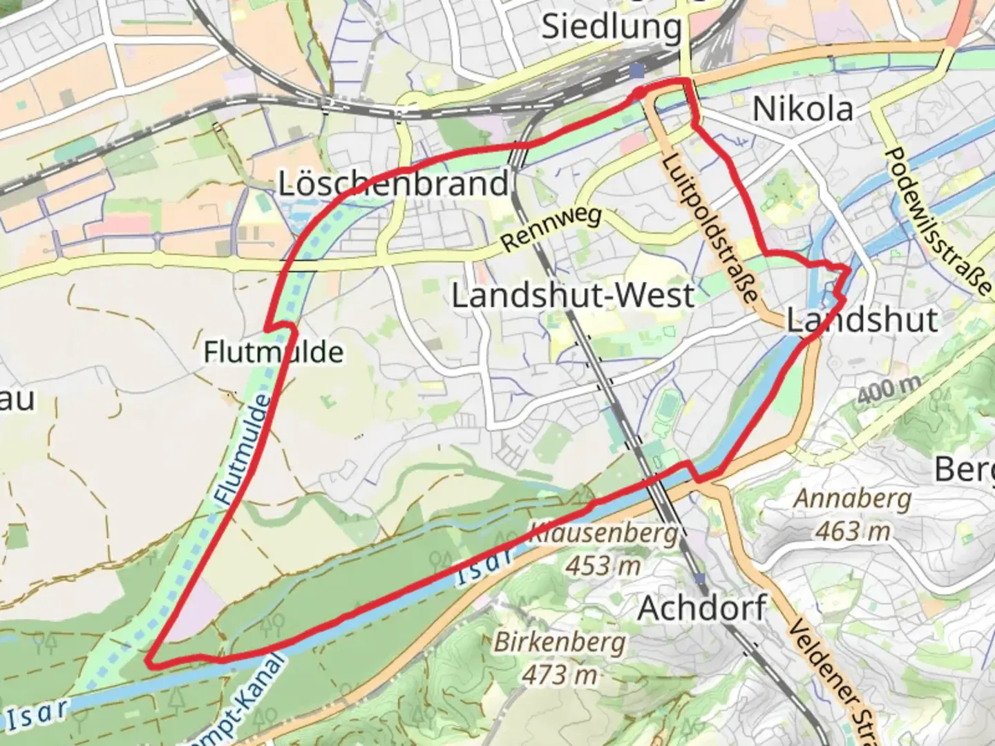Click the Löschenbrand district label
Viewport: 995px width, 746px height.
pos(393,184)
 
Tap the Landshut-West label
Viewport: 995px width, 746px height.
pos(573,296)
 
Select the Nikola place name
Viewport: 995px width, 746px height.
pos(802,109)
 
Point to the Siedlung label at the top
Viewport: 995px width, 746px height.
pos(611,28)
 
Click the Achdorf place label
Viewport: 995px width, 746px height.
pos(701,608)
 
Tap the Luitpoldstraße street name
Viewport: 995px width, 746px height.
pos(711,228)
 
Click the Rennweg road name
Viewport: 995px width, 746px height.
pos(551,229)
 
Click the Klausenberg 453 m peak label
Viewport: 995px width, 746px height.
pos(603,550)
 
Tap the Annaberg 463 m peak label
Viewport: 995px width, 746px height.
pos(853,514)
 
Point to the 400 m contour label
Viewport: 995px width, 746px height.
pos(889,391)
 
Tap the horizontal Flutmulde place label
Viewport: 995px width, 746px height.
pos(273,352)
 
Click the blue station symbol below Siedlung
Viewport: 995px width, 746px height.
pos(636,71)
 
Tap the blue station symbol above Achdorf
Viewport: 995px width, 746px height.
pos(701,577)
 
